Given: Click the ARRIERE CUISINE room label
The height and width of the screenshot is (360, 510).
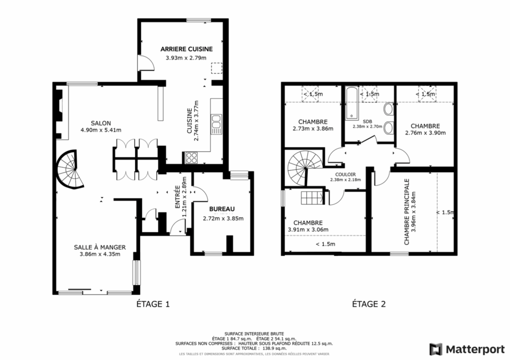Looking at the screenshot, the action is [186, 49].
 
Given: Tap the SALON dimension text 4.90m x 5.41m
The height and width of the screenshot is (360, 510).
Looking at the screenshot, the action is [101, 130].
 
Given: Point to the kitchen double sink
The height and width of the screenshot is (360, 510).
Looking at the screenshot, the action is [216, 124].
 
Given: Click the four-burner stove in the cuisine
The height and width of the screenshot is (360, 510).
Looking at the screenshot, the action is [191, 158].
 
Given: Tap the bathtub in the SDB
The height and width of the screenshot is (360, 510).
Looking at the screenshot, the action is [351, 103].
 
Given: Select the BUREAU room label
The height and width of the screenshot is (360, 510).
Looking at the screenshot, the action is [222, 209].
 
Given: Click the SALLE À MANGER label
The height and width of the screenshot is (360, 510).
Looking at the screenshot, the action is [100, 247].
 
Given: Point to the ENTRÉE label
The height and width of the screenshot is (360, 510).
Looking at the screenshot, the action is [178, 197].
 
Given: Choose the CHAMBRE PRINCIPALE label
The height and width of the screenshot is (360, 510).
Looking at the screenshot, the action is [406, 212].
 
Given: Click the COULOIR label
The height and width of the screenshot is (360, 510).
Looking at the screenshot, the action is [346, 175].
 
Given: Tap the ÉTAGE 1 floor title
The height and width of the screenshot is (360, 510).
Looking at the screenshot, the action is [153, 304].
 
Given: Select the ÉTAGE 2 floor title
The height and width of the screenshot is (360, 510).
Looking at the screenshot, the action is [369, 304].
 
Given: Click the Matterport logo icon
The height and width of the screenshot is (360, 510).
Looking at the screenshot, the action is [436, 350].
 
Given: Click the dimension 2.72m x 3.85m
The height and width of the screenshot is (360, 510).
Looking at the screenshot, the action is [223, 219].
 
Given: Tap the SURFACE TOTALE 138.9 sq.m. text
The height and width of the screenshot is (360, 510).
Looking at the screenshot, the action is [254, 348].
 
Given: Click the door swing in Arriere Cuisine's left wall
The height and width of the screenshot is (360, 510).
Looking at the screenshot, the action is [146, 63].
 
